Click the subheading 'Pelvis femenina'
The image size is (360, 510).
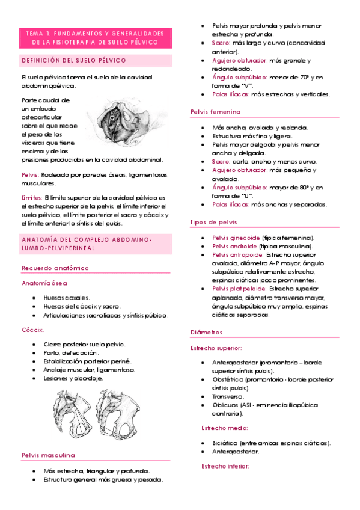tap(215, 112)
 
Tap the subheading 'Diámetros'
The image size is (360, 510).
tap(206, 332)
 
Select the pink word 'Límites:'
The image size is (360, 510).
tap(32, 197)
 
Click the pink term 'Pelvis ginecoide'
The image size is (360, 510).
tap(237, 238)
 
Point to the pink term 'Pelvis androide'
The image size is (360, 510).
tap(235, 247)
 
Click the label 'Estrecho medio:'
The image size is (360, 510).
tap(224, 428)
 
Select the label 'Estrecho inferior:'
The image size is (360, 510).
tap(226, 467)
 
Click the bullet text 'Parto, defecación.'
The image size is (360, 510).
tap(72, 352)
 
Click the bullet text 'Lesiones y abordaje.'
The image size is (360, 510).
tap(73, 378)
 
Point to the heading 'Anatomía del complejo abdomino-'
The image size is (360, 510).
tap(87, 240)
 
